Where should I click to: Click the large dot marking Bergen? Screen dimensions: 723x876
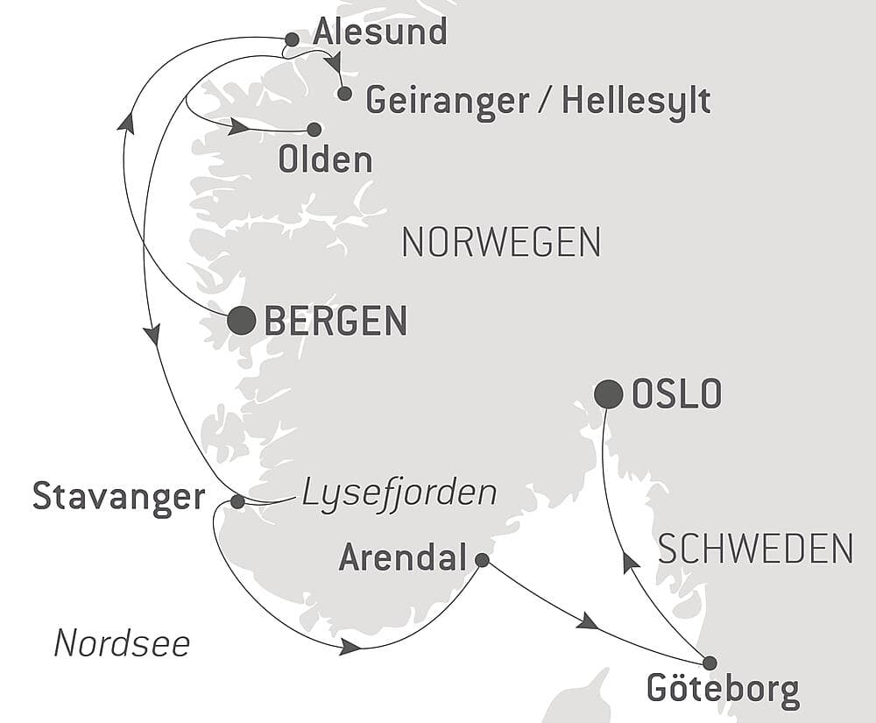point(241,321)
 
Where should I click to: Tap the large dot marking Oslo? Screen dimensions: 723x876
point(608,394)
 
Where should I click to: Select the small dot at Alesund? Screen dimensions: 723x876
point(292,39)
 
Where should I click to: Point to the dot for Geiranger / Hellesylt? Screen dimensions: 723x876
point(344,93)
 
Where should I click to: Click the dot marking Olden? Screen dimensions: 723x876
point(314,129)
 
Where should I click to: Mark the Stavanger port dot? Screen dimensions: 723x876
point(237,501)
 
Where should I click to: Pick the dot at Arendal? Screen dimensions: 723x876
point(481,559)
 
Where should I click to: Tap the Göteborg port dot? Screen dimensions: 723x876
point(709,663)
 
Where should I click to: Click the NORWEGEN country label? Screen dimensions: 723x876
point(500,242)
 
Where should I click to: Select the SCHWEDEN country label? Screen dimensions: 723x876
point(755,549)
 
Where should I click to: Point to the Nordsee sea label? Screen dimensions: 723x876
point(122,644)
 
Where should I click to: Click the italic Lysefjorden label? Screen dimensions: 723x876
point(399,493)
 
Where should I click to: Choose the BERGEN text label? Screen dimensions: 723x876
point(336,322)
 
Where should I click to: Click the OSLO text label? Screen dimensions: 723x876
point(676,395)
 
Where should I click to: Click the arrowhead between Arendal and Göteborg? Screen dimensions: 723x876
point(587,622)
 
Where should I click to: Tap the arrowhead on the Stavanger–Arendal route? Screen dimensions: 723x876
point(350,647)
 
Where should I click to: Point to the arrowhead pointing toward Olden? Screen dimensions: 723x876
point(237,128)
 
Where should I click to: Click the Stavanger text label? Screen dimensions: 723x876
point(118,497)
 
